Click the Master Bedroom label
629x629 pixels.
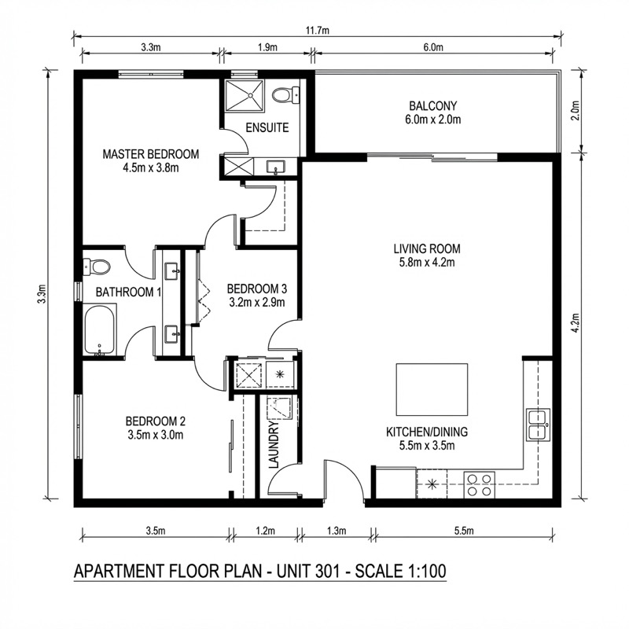pyautogui.click(x=150, y=154)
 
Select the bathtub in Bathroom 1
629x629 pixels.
pyautogui.click(x=99, y=330)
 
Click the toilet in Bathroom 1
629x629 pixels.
pyautogui.click(x=95, y=267)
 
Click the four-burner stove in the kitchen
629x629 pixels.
pyautogui.click(x=479, y=484)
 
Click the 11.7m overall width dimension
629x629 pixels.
pyautogui.click(x=318, y=30)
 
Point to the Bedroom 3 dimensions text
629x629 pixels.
pyautogui.click(x=256, y=301)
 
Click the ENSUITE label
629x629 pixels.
pyautogui.click(x=267, y=127)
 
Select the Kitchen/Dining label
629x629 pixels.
pyautogui.click(x=427, y=432)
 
